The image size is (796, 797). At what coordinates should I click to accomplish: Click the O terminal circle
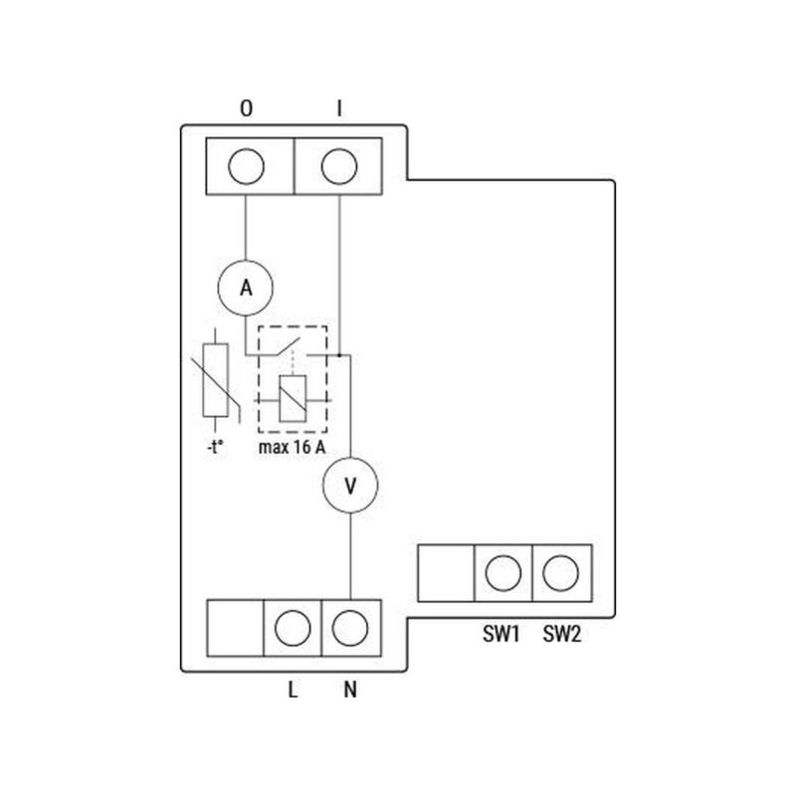pyautogui.click(x=246, y=167)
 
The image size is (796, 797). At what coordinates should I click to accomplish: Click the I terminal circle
pyautogui.click(x=339, y=167)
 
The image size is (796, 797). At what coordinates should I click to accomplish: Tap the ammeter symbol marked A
pyautogui.click(x=246, y=288)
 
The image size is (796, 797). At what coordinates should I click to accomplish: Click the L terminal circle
pyautogui.click(x=293, y=628)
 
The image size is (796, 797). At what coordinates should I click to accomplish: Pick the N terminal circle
pyautogui.click(x=350, y=628)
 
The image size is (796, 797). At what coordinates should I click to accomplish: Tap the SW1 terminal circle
pyautogui.click(x=503, y=573)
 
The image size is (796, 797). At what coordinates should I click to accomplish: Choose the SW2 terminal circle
pyautogui.click(x=562, y=573)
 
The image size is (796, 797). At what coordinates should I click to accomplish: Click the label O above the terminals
pyautogui.click(x=246, y=108)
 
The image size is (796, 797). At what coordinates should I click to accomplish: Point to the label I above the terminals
pyautogui.click(x=339, y=108)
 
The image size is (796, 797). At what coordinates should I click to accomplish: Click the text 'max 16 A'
pyautogui.click(x=292, y=447)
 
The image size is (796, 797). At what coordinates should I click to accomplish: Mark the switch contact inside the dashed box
pyautogui.click(x=291, y=348)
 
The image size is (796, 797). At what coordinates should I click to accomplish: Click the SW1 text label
pyautogui.click(x=503, y=634)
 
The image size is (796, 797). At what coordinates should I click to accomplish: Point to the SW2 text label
pyautogui.click(x=562, y=634)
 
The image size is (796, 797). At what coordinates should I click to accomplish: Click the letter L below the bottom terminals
pyautogui.click(x=293, y=689)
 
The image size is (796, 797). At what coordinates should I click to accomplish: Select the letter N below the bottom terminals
pyautogui.click(x=350, y=689)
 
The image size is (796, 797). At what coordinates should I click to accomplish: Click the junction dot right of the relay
pyautogui.click(x=339, y=354)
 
